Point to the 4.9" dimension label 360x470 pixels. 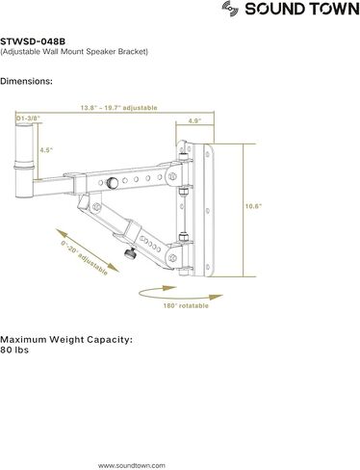[193, 121]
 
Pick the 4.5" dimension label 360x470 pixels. [45, 150]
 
